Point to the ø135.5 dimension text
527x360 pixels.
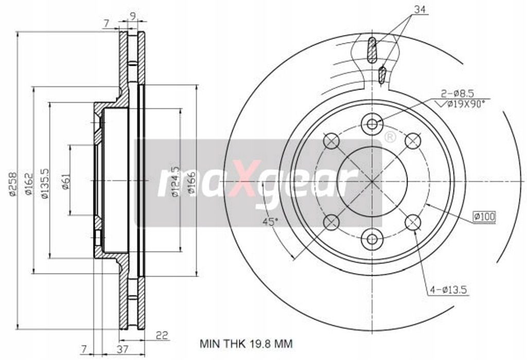tap(45, 183)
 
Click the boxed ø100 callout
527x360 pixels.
tap(484, 217)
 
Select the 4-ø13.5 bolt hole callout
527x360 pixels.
tap(448, 291)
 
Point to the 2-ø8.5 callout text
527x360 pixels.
tap(456, 93)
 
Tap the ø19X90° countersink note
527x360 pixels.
tap(465, 104)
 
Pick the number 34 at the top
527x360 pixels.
tap(420, 8)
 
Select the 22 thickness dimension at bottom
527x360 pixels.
tap(162, 336)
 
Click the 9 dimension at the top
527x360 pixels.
tap(133, 16)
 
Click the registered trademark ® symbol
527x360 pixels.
tap(390, 137)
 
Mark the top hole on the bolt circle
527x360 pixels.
tap(372, 123)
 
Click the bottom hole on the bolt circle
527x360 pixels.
tap(372, 239)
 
